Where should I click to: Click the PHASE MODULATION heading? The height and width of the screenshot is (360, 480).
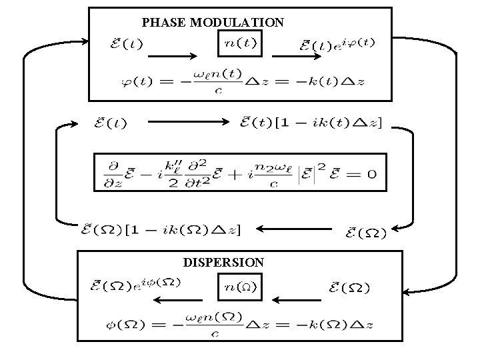click(213, 23)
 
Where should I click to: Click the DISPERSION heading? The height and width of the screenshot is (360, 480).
click(223, 262)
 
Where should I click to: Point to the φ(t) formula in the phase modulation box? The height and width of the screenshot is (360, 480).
click(241, 82)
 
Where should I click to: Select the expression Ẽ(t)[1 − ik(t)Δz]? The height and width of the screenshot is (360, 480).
click(311, 123)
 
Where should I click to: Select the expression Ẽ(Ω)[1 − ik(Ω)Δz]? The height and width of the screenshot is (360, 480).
click(160, 229)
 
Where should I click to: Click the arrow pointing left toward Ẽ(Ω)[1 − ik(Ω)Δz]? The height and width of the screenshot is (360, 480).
click(293, 229)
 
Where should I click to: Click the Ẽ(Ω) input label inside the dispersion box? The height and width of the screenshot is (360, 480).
click(350, 288)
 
